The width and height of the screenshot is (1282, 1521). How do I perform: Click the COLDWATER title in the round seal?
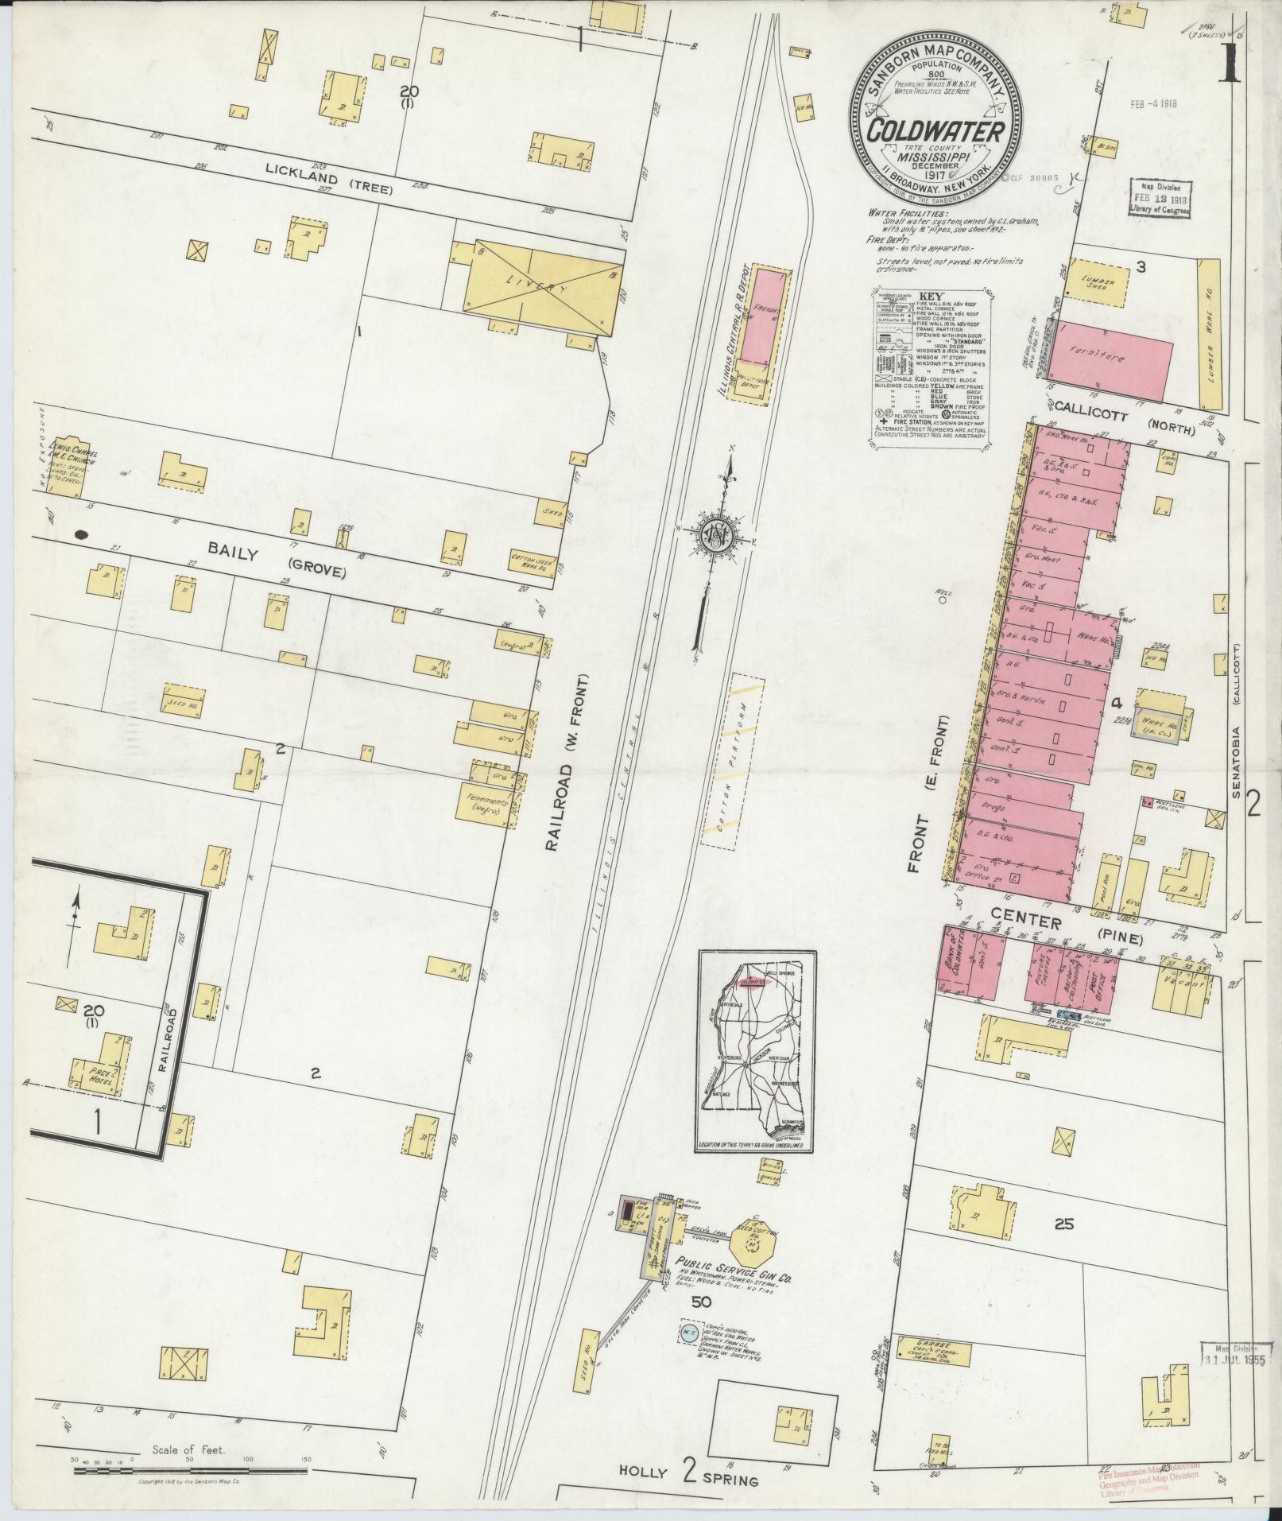[x=935, y=131]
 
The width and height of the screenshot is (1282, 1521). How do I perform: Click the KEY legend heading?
[x=928, y=295]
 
